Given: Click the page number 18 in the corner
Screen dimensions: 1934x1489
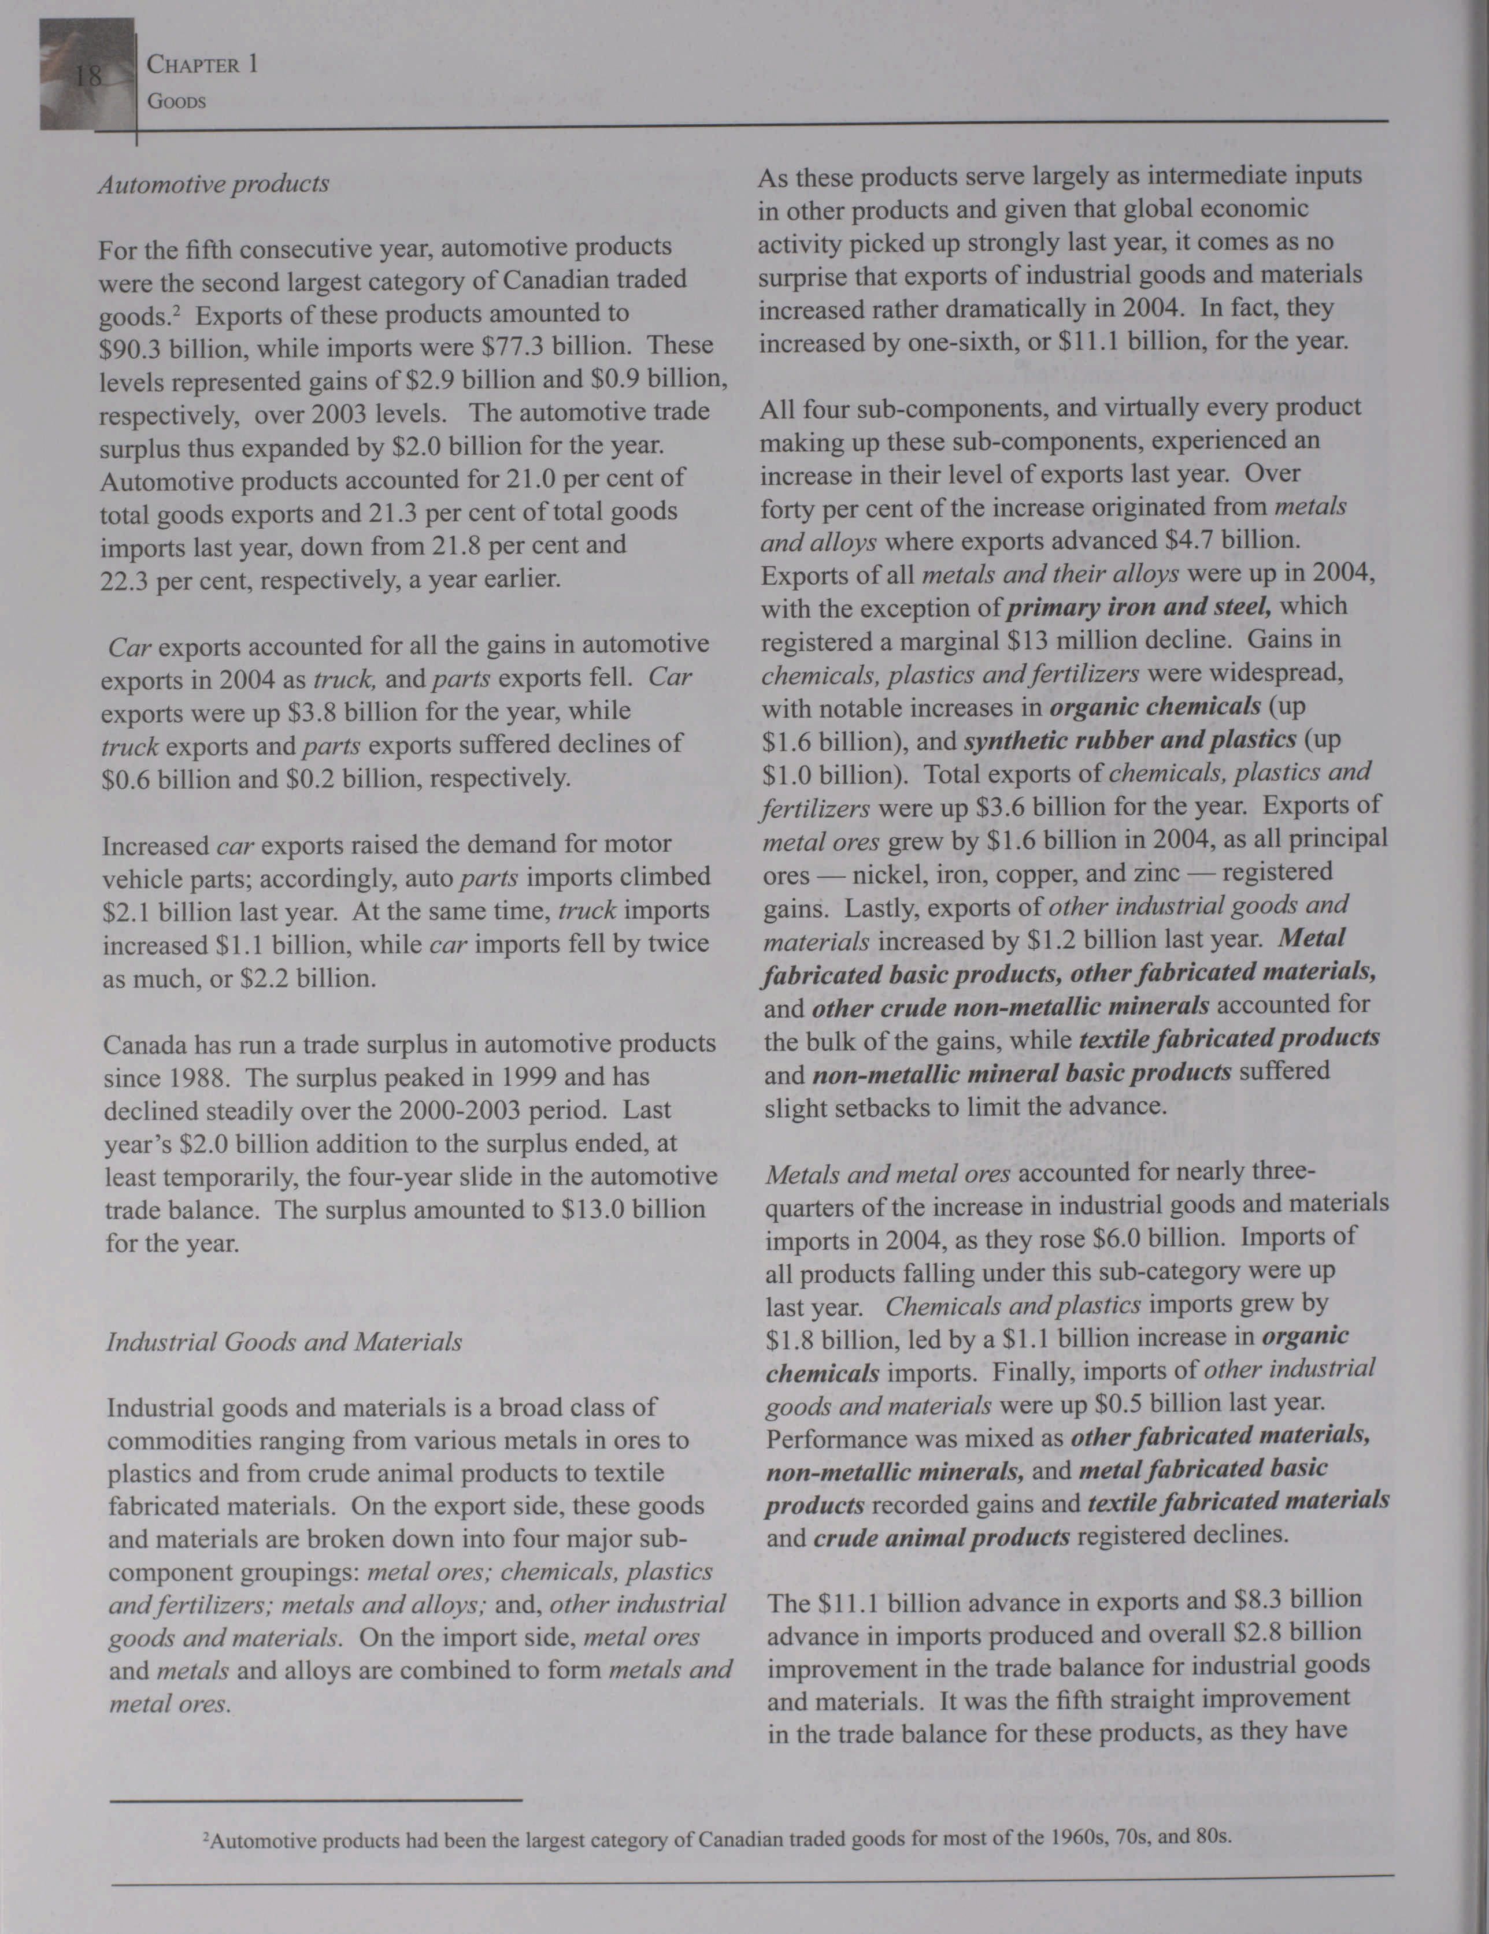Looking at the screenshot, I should click(x=88, y=76).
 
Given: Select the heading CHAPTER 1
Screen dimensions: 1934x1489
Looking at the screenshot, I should click(x=202, y=65).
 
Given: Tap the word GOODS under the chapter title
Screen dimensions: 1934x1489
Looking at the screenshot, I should click(x=176, y=102).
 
